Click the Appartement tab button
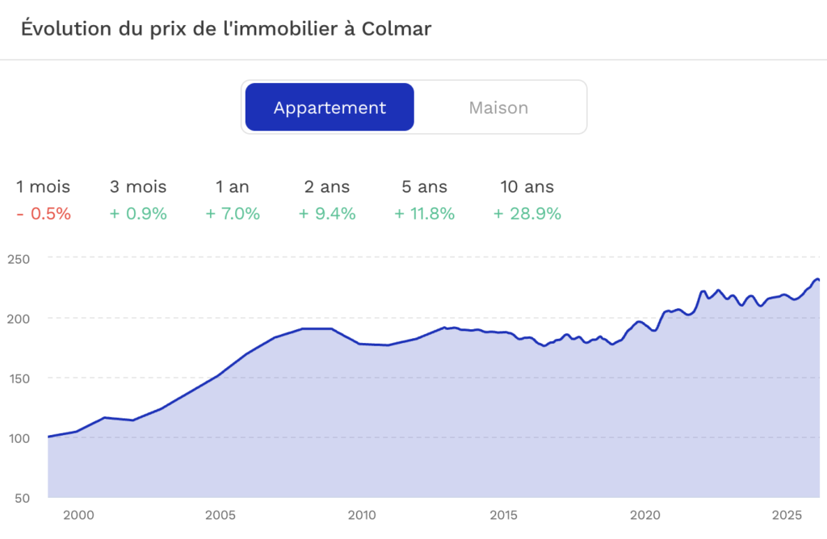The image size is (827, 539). coord(330,107)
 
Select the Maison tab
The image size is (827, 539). coord(498,107)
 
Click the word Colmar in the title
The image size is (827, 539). coord(396,28)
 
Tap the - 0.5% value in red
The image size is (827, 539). coord(44,213)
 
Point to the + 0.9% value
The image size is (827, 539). coord(138,213)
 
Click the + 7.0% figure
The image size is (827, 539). coord(233,213)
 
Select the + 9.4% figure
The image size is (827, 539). coord(327,213)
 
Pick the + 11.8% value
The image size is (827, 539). coord(425,213)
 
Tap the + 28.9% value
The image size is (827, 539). coord(527,213)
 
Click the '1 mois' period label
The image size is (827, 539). coord(44,186)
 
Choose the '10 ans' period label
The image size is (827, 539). coord(527,186)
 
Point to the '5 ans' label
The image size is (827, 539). coord(425,186)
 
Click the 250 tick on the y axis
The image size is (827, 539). coord(19,259)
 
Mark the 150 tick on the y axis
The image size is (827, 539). coord(19,378)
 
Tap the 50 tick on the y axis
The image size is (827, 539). coord(22,499)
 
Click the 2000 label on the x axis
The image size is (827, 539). coord(78,516)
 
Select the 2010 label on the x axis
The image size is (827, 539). coord(362,516)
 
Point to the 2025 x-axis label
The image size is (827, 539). coord(787,516)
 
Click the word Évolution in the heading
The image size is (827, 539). coord(67,28)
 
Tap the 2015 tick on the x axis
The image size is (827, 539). coord(504,516)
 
